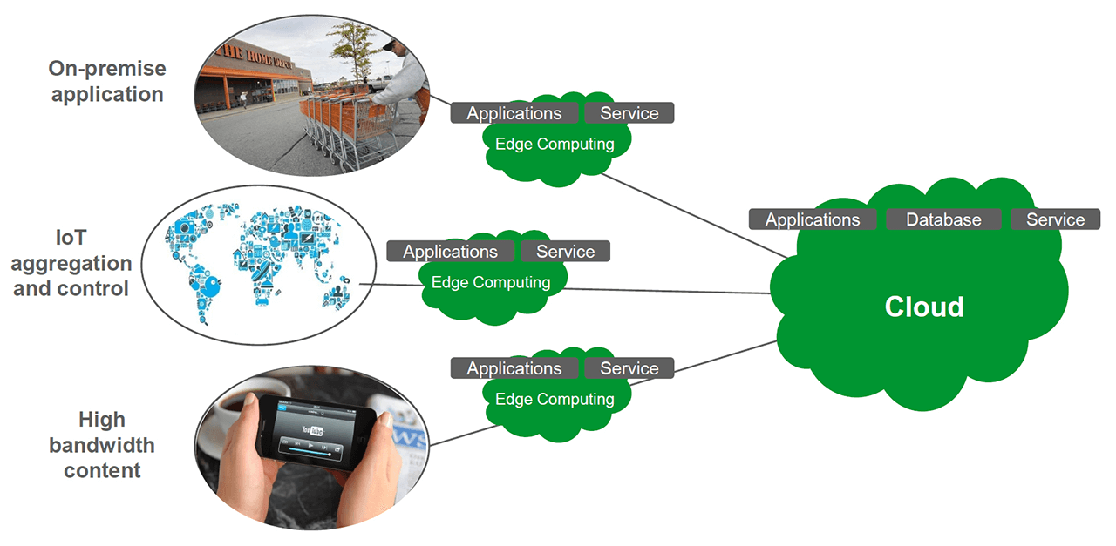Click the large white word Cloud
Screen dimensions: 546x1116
(924, 307)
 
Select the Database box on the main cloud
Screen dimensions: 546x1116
(943, 220)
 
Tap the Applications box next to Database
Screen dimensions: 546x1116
(813, 220)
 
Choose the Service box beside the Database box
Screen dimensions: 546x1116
(1055, 220)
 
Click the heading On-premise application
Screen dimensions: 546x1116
(107, 81)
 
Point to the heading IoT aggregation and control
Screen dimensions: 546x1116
(71, 263)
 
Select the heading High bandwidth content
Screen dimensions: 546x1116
(101, 445)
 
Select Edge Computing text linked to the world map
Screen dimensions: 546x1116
(491, 282)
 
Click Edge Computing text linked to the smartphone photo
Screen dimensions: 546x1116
(555, 399)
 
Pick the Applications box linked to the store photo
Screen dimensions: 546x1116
(514, 113)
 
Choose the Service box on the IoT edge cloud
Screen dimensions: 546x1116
(565, 252)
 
